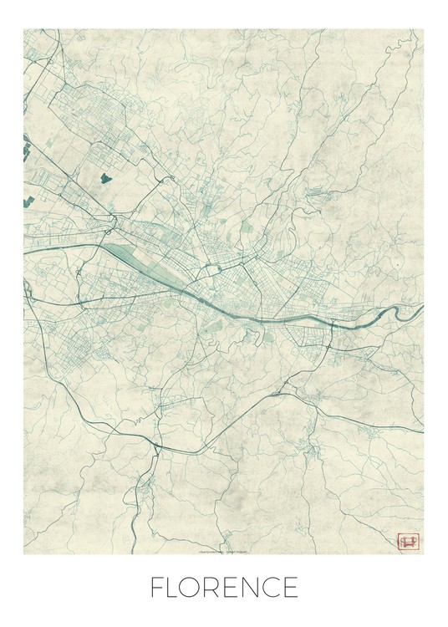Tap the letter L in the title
(176, 588)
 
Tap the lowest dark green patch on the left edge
(27, 200)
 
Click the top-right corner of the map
(423, 30)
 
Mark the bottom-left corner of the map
(23, 553)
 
